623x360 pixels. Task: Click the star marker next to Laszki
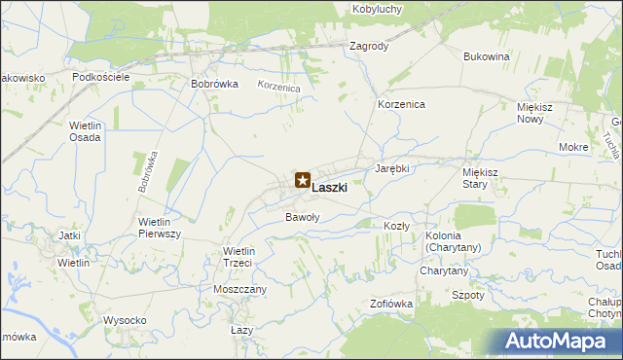click(302, 180)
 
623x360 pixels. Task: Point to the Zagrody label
click(369, 46)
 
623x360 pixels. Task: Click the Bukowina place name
click(487, 56)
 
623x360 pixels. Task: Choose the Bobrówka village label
click(215, 84)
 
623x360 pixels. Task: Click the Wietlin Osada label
click(86, 131)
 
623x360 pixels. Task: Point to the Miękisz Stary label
click(481, 177)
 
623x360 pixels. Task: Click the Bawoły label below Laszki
click(302, 217)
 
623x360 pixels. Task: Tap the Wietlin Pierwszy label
click(162, 228)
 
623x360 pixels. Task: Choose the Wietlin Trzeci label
click(238, 257)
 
